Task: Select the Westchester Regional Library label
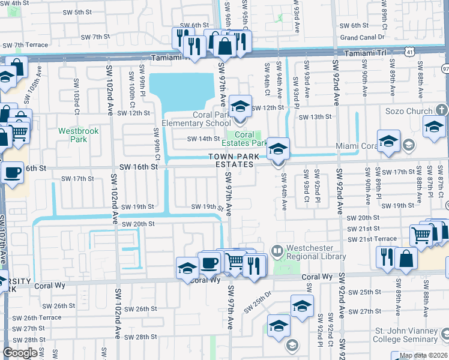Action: (316, 252)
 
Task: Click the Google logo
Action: (20, 353)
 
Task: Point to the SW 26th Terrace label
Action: (34, 318)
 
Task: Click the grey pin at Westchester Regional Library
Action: (277, 250)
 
